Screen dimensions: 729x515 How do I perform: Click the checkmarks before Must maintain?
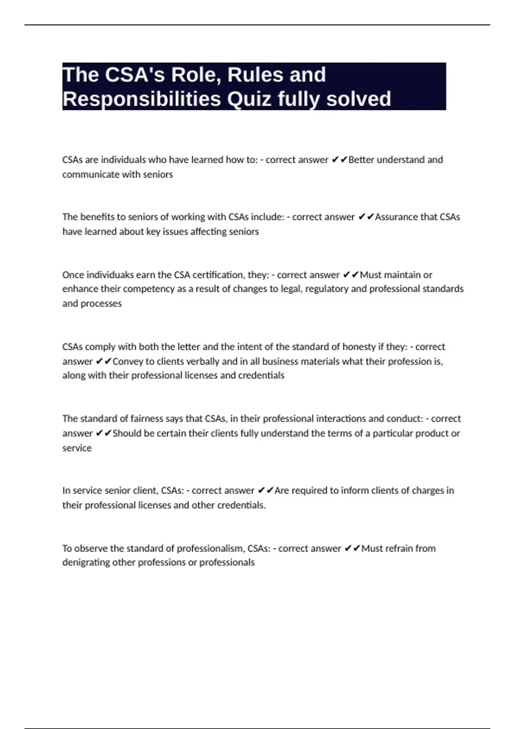pyautogui.click(x=351, y=274)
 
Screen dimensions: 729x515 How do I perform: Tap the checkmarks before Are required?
pyautogui.click(x=266, y=490)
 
